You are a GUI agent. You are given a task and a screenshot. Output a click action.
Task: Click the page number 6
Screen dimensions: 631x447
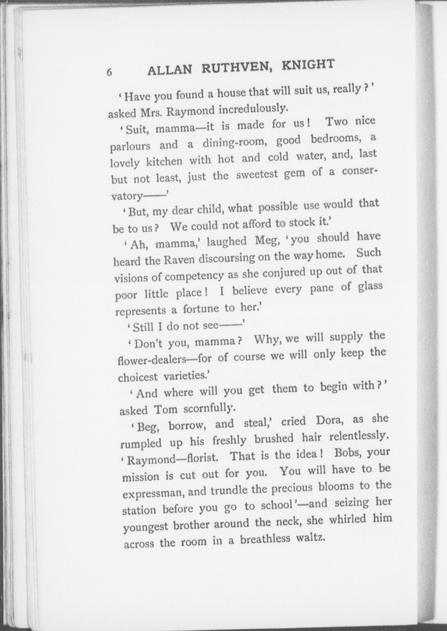coord(109,72)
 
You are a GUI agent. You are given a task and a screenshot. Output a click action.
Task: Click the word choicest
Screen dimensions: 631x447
coord(138,377)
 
